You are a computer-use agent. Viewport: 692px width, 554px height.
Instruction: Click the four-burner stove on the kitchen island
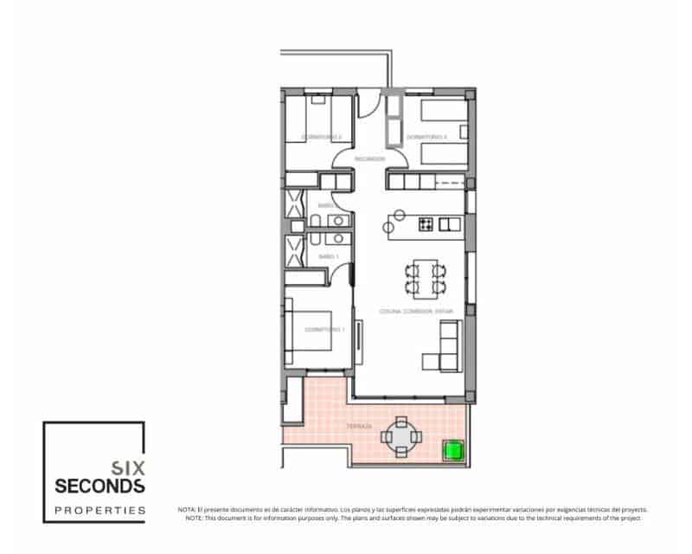426,224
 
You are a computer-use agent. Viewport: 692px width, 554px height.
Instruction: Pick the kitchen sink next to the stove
448,224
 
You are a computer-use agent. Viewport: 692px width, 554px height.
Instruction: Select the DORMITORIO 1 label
325,329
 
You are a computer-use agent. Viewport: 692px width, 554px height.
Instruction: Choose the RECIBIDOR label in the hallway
369,158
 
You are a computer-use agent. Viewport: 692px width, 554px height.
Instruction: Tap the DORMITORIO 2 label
322,137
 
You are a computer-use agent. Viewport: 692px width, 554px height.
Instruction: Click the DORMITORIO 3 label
426,137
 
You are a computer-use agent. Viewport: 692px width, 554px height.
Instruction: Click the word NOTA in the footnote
187,510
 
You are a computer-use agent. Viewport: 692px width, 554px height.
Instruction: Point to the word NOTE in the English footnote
195,518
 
